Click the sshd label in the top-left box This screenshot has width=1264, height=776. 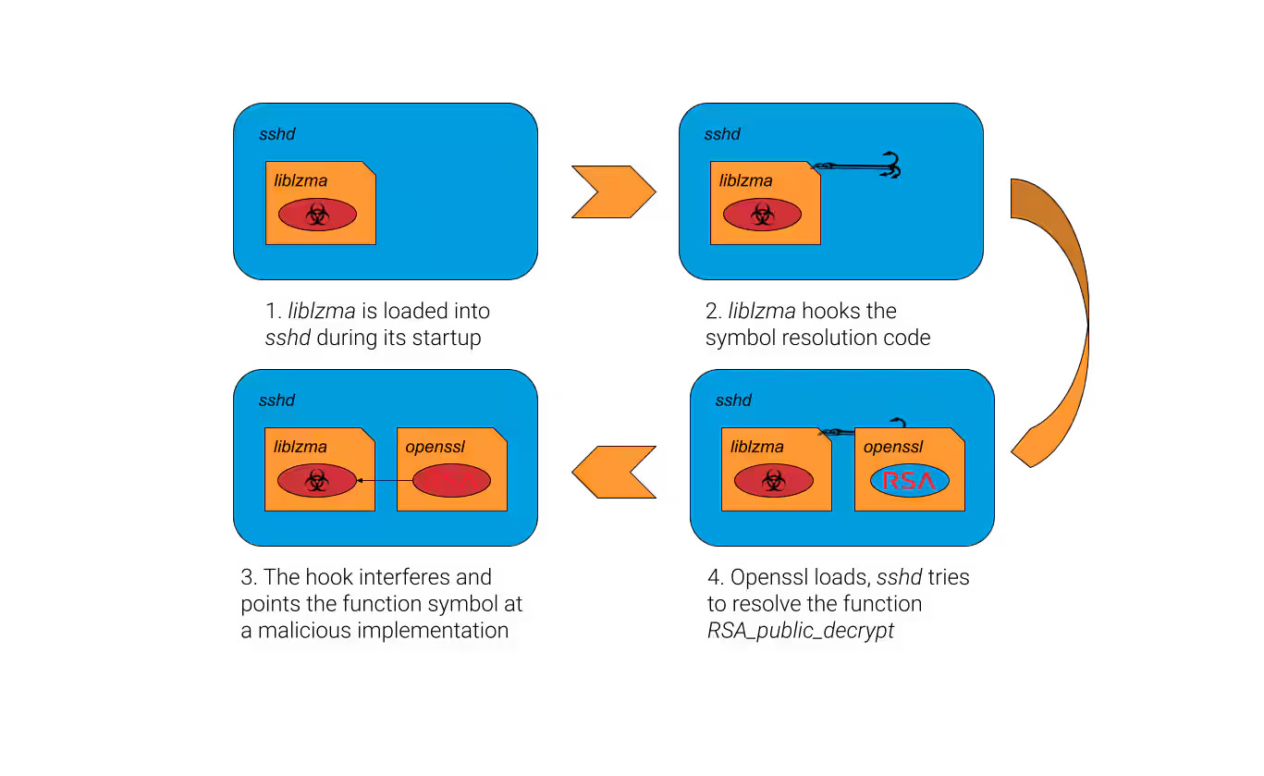coord(276,134)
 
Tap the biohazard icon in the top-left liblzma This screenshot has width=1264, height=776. coord(317,215)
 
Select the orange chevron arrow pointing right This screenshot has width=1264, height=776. coord(613,192)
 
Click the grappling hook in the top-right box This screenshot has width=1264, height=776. coord(860,166)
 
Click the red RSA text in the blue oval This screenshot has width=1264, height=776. coord(908,481)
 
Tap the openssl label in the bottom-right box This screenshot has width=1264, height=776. coord(892,448)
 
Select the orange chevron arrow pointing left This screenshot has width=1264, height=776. coord(613,472)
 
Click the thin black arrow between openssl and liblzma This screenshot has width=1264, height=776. coord(384,481)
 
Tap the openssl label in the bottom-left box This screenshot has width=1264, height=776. coord(435,448)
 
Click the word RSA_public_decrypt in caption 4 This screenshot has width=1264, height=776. coord(801,631)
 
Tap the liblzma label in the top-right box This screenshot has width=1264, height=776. coord(745,180)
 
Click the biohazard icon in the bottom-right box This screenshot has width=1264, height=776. coord(773,481)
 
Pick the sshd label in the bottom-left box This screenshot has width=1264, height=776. coord(276,400)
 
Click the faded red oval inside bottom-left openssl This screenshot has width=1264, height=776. coord(451,481)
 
